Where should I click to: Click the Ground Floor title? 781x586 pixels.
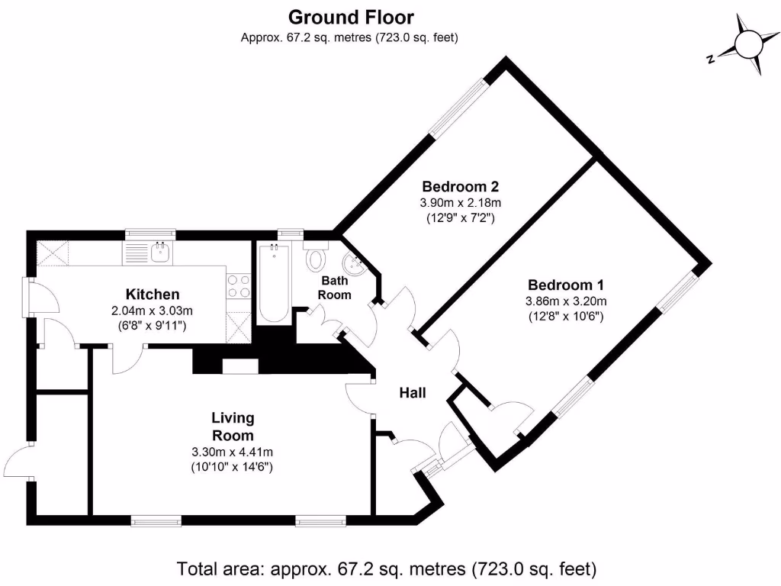[x=351, y=17]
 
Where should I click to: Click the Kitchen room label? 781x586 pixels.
[x=153, y=295]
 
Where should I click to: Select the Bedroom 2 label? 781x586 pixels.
[x=461, y=186]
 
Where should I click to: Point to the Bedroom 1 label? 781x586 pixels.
[x=566, y=285]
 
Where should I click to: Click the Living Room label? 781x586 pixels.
[x=233, y=427]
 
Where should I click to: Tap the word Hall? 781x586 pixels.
[x=413, y=394]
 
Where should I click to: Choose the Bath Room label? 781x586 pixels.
[x=334, y=288]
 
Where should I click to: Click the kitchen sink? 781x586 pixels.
[x=160, y=253]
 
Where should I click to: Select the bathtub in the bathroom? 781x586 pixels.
[x=272, y=284]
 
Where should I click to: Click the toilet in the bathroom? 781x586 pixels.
[x=315, y=258]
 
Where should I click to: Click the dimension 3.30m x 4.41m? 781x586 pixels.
[x=233, y=452]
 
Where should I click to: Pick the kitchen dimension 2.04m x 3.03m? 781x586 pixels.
[x=153, y=311]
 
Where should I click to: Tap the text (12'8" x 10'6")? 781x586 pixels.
[x=566, y=316]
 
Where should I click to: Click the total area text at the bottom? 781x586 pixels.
[x=387, y=568]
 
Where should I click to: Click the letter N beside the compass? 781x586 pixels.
[x=710, y=58]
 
